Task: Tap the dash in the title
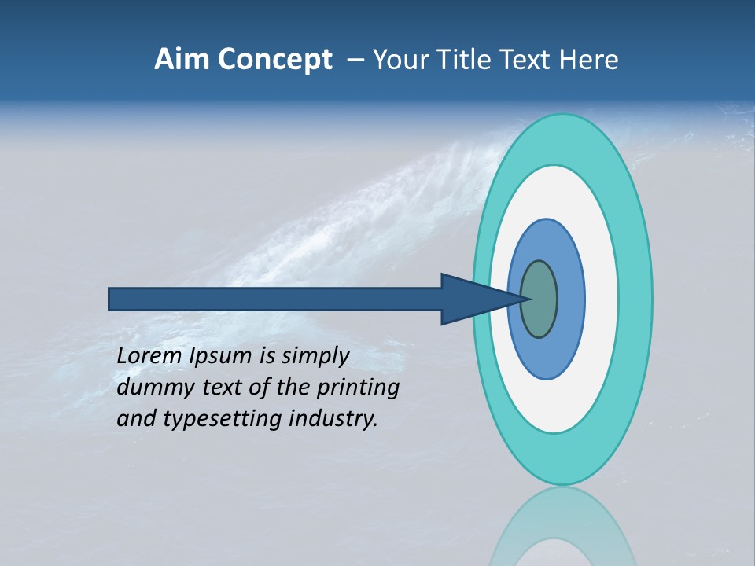pos(355,60)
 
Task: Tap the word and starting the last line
pos(134,419)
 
